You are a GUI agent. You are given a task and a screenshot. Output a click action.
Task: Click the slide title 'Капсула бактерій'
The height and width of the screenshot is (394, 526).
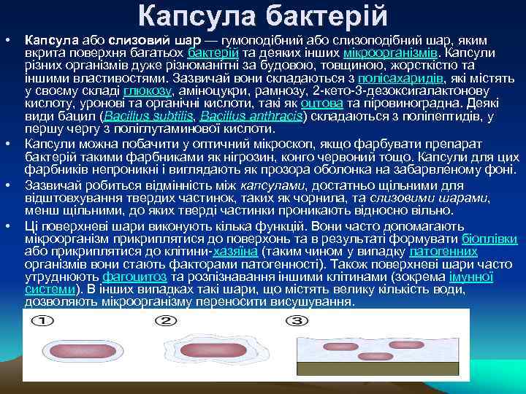click(x=263, y=15)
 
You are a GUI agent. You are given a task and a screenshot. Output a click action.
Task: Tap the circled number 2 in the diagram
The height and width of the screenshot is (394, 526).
click(x=167, y=321)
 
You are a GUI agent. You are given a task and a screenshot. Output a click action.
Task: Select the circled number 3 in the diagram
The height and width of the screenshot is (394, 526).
click(x=298, y=321)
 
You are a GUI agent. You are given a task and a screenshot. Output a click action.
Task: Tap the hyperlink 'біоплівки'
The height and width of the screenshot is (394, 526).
click(x=490, y=239)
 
